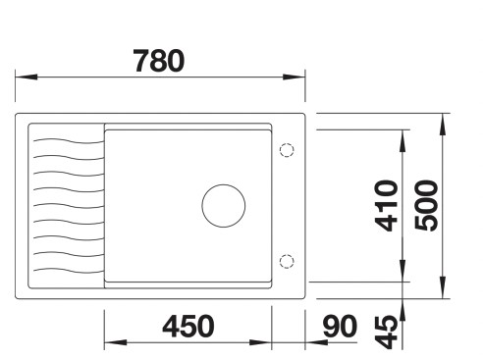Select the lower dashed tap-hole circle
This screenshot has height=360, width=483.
[287, 260]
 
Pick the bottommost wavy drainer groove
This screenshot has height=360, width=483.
[67, 269]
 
